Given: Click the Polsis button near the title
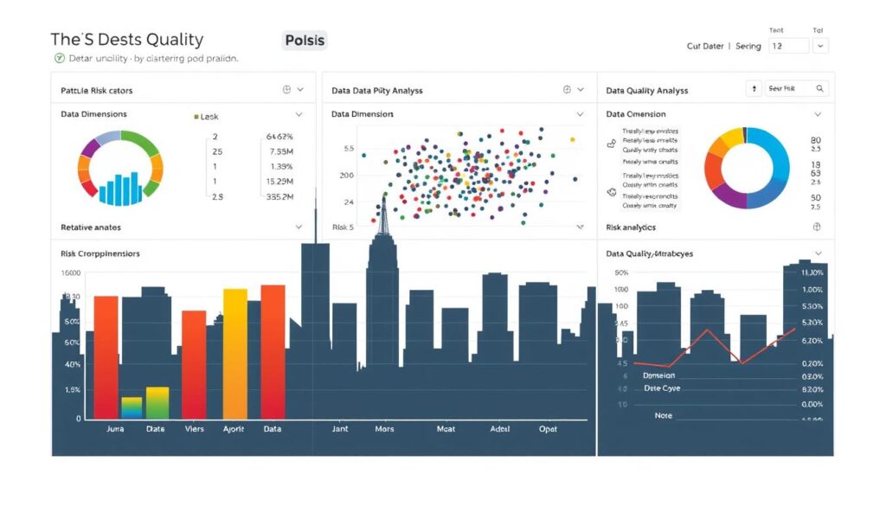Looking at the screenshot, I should click(x=305, y=40).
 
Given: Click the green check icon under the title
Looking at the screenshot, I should click(x=60, y=59).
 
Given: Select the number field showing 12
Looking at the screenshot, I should click(x=787, y=46).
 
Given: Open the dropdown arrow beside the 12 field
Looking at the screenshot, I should click(x=821, y=46).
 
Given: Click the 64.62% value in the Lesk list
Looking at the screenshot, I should click(x=280, y=137).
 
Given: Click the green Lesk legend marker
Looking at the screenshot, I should click(x=196, y=116).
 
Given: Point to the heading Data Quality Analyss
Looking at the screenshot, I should click(x=647, y=90).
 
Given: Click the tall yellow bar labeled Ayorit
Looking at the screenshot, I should click(x=235, y=355).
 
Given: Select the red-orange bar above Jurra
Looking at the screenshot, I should click(x=106, y=356).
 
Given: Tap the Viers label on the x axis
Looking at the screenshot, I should click(x=194, y=428).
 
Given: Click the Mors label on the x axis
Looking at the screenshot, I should click(x=384, y=428).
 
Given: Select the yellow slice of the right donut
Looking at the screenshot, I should click(x=732, y=137).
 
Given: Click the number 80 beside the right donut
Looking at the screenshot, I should click(x=815, y=140).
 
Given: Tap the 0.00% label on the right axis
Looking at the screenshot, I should click(x=812, y=404).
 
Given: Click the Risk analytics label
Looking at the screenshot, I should click(x=631, y=227).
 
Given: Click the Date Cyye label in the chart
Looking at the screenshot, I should click(x=662, y=388).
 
